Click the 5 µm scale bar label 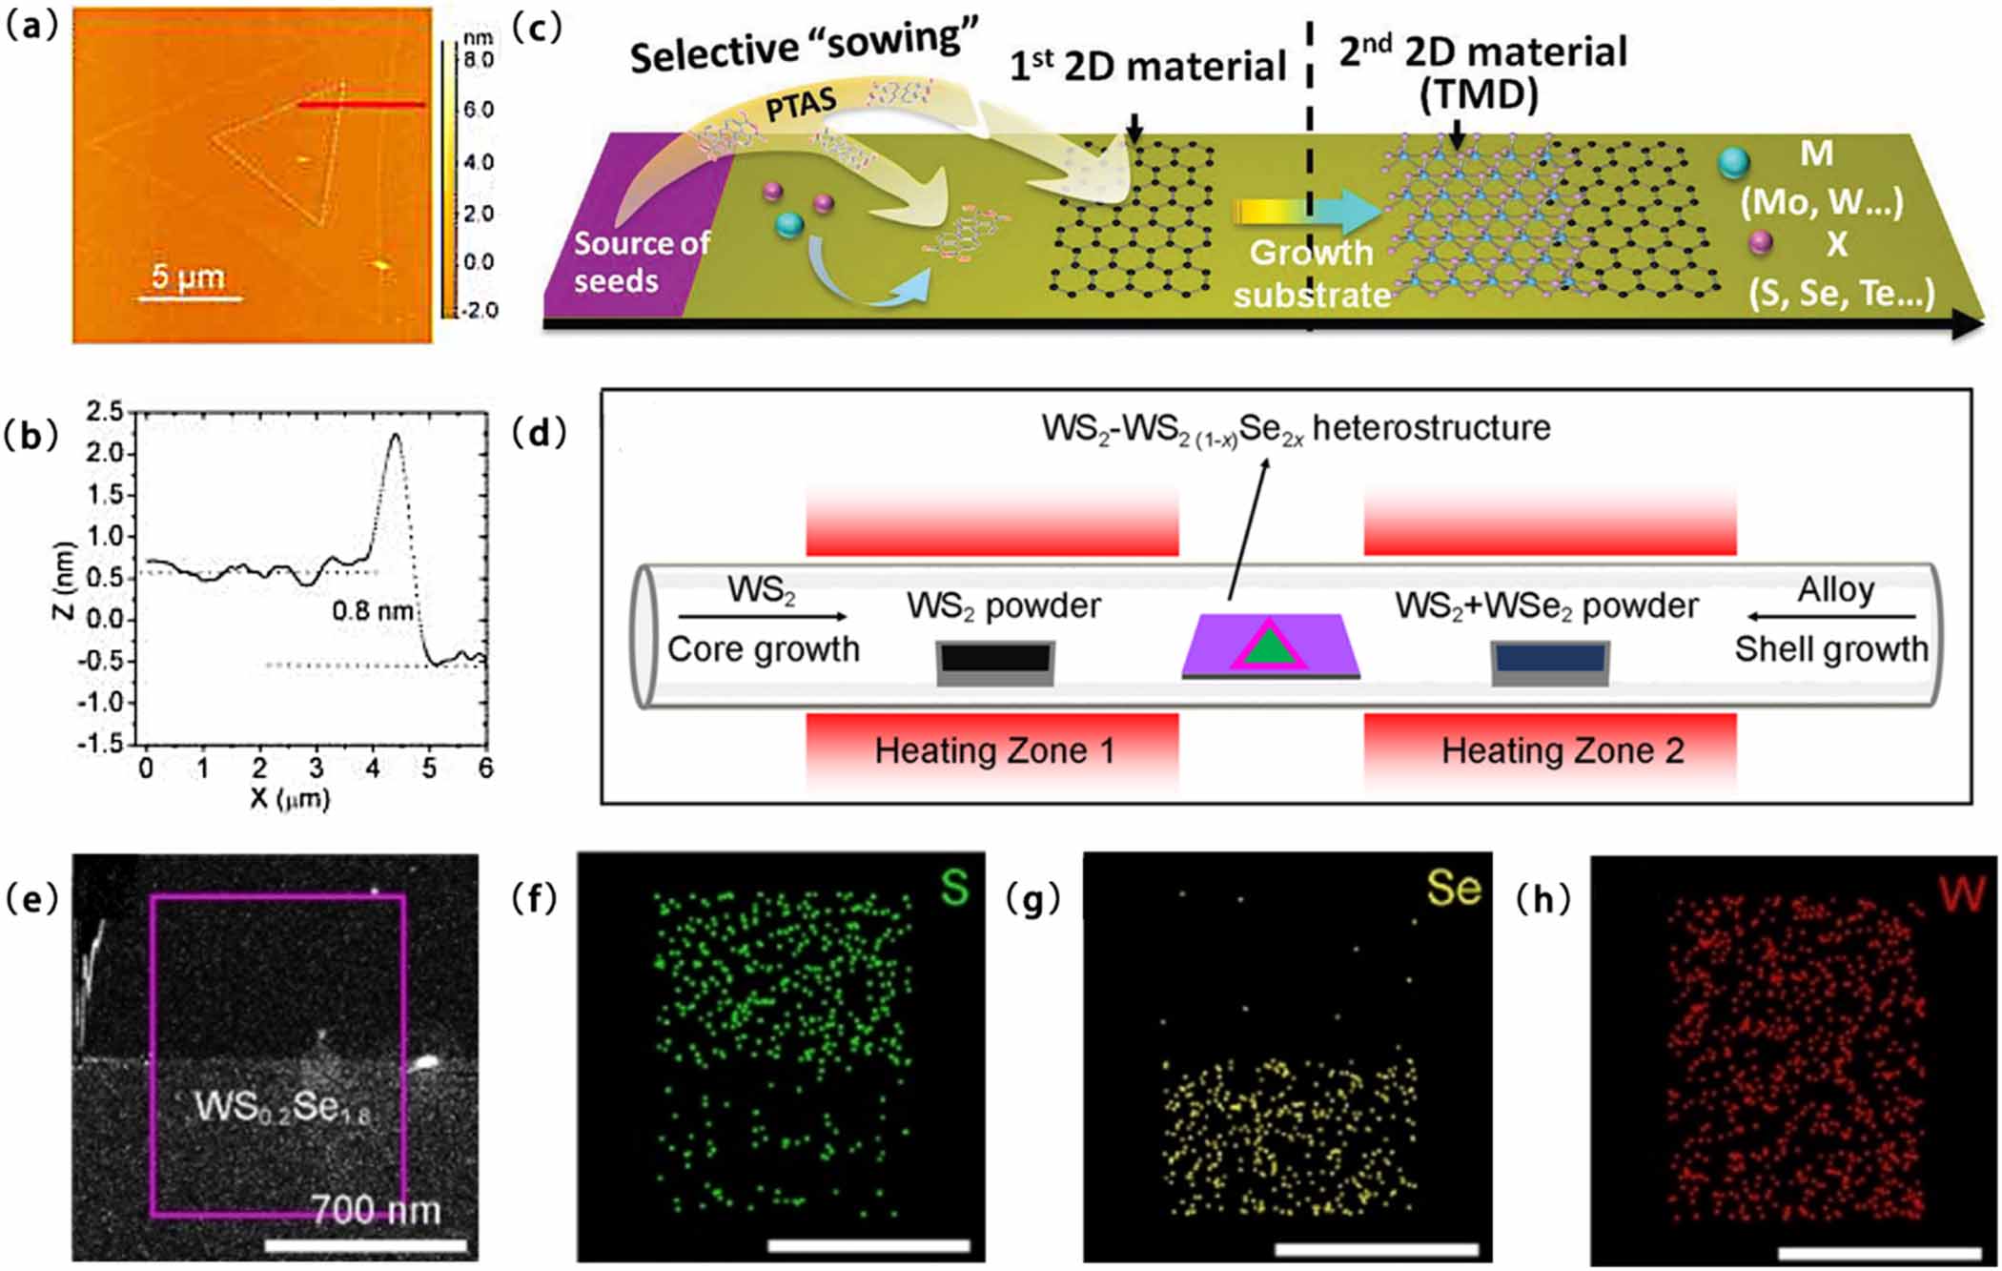click(189, 277)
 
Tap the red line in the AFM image click(360, 104)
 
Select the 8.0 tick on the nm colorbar click(479, 60)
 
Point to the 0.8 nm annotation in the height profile click(373, 610)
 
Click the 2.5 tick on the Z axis click(106, 412)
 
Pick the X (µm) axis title click(290, 799)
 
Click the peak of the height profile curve click(395, 437)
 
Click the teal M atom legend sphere click(1734, 163)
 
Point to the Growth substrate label click(1312, 274)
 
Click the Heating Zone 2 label click(1563, 751)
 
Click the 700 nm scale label click(378, 1210)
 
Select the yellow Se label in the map click(1454, 889)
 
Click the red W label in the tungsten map click(1962, 893)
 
